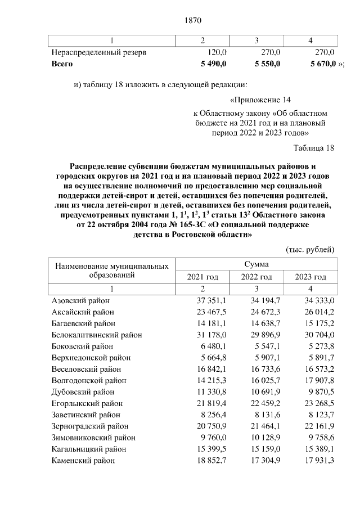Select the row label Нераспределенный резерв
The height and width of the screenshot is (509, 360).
pyautogui.click(x=99, y=52)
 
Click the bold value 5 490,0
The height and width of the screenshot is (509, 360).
pyautogui.click(x=209, y=64)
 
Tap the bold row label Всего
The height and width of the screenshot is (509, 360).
pyautogui.click(x=62, y=64)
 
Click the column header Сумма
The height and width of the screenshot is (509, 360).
pyautogui.click(x=256, y=264)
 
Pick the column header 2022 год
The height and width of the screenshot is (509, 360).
pyautogui.click(x=256, y=277)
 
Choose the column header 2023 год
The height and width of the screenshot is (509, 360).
pyautogui.click(x=310, y=277)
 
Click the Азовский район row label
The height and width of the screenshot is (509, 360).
pyautogui.click(x=80, y=300)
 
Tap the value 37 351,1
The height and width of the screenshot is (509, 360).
pyautogui.click(x=209, y=300)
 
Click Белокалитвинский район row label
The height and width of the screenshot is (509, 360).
pyautogui.click(x=97, y=335)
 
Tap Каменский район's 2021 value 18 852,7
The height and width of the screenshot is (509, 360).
pyautogui.click(x=209, y=460)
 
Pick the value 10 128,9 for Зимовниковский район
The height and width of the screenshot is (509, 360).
pyautogui.click(x=263, y=438)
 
